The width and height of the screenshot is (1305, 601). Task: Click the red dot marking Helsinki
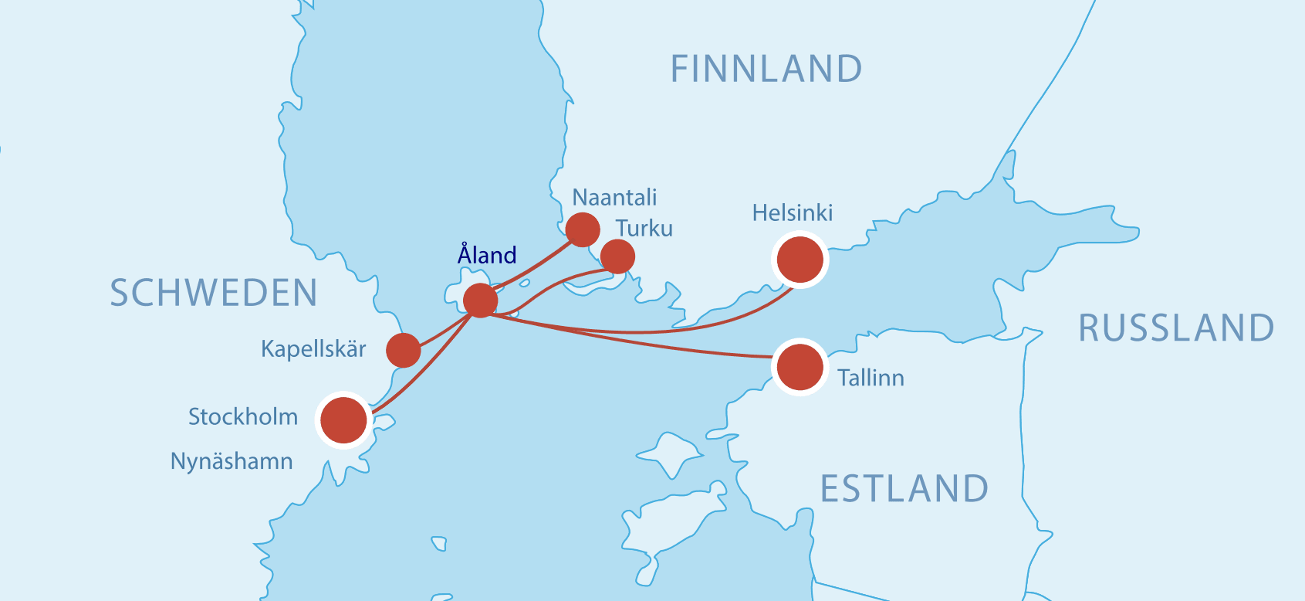(800, 260)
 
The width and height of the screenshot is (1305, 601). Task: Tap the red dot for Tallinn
(800, 367)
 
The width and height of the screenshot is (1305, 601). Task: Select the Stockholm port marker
(343, 420)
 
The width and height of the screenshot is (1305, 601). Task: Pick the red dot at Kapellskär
(403, 350)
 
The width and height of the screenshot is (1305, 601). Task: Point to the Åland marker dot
(480, 300)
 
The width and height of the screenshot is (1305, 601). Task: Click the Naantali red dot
(583, 229)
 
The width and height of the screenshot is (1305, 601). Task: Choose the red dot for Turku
(617, 256)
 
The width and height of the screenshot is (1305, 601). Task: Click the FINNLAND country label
(766, 70)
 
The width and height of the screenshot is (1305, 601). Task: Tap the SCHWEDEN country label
(214, 294)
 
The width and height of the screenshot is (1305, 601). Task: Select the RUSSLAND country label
(1176, 328)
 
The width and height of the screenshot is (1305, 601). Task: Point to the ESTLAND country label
(904, 489)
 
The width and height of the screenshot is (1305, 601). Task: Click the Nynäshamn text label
(232, 462)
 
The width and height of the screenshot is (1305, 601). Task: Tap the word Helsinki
(793, 213)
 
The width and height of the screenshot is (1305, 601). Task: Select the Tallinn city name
(871, 378)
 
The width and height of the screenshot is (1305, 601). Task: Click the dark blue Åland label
(487, 254)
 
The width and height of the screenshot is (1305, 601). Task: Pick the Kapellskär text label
(313, 349)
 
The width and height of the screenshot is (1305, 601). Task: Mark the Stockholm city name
(243, 417)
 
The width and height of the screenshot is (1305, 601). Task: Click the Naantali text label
(614, 198)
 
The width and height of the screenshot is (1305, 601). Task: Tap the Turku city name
(644, 229)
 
